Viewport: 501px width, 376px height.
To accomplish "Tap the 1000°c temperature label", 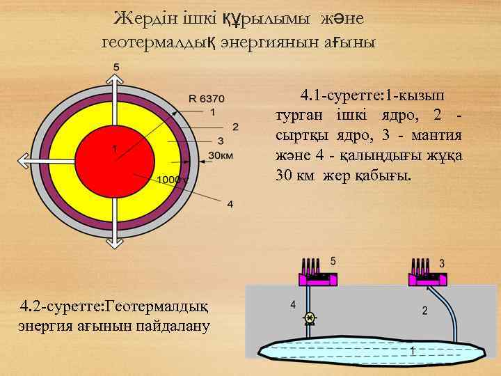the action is [173, 179].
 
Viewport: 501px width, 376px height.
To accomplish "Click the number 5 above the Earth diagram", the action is [116, 67].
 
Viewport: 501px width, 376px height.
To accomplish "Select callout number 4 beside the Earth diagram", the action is [230, 204].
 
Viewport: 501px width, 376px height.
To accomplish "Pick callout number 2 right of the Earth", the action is [235, 126].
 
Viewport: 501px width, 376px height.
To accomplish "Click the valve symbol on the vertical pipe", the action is [310, 318].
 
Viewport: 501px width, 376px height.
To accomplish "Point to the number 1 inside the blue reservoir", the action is [413, 350].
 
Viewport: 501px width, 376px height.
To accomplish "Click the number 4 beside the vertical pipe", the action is [293, 304].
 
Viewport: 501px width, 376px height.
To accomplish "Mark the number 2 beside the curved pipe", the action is [424, 310].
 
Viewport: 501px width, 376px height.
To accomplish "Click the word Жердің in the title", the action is [142, 17].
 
